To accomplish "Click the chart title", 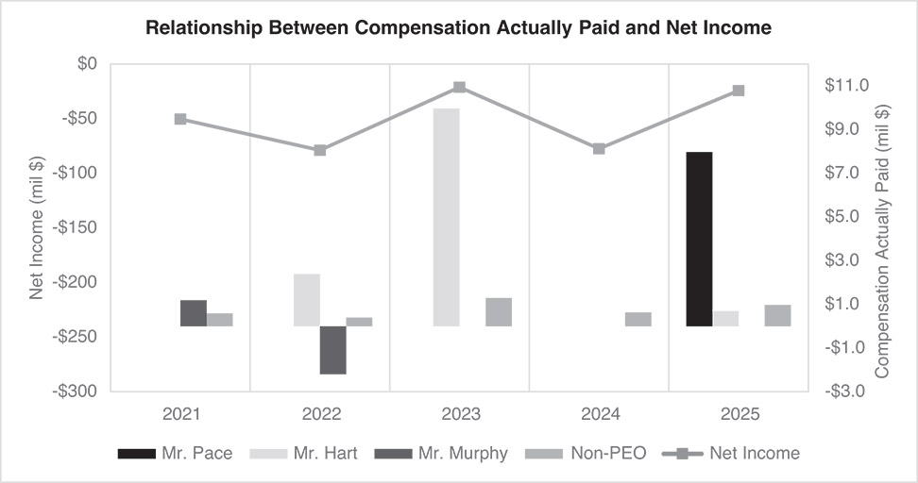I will pyautogui.click(x=458, y=28).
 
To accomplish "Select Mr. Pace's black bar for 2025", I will pyautogui.click(x=699, y=239).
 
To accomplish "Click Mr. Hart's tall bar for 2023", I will pyautogui.click(x=446, y=217).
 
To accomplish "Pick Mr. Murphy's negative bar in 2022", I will pyautogui.click(x=332, y=350).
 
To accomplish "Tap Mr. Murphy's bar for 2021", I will pyautogui.click(x=194, y=313).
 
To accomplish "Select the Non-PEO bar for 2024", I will pyautogui.click(x=637, y=319).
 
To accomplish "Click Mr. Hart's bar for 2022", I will pyautogui.click(x=307, y=300).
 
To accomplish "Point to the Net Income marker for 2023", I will pyautogui.click(x=459, y=88).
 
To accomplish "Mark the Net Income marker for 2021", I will pyautogui.click(x=180, y=119).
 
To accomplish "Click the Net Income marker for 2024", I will pyautogui.click(x=599, y=148).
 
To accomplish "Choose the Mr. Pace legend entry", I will pyautogui.click(x=175, y=454).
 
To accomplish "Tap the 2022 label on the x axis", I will pyautogui.click(x=320, y=413).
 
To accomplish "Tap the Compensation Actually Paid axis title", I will pyautogui.click(x=884, y=227).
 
